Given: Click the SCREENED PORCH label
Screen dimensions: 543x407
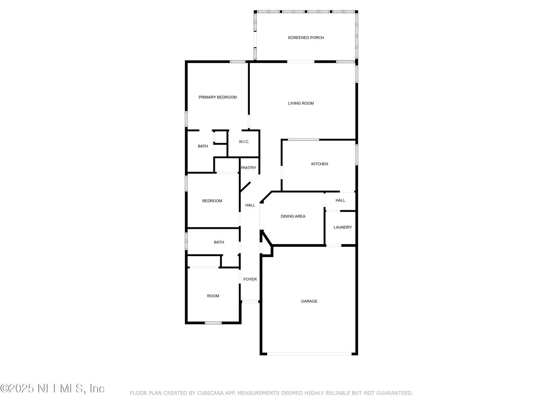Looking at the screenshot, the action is [305, 38].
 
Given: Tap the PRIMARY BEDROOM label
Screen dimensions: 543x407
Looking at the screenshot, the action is [218, 97].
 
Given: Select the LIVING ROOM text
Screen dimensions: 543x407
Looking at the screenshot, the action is [301, 103].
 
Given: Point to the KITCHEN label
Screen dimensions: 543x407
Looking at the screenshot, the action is [319, 164].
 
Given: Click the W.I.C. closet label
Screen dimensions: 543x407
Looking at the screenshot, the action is [244, 141].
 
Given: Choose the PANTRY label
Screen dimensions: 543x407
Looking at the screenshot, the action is [248, 168].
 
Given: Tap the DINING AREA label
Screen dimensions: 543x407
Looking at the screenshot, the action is [293, 216].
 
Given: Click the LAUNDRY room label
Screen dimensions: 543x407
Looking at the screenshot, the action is [343, 227].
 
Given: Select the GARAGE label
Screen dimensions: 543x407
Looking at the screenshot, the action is [309, 301].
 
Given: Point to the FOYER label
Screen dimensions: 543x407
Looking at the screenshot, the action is [250, 279].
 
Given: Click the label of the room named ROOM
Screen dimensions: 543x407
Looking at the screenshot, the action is [213, 296].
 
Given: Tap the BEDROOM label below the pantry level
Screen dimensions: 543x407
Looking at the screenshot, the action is [212, 201].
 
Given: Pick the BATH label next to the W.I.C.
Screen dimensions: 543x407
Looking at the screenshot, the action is [203, 146].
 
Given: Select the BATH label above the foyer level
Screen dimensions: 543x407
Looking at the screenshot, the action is [219, 242].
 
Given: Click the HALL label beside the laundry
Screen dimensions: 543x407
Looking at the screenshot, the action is [340, 200].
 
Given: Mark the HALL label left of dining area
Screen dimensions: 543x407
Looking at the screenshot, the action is [250, 205].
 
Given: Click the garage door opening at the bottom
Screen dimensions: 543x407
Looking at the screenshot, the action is [309, 354].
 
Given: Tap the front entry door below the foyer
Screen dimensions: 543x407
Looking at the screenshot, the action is [250, 302].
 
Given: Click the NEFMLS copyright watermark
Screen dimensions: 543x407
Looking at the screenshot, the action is [52, 388].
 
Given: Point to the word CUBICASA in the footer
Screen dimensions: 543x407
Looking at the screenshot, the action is [210, 393].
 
